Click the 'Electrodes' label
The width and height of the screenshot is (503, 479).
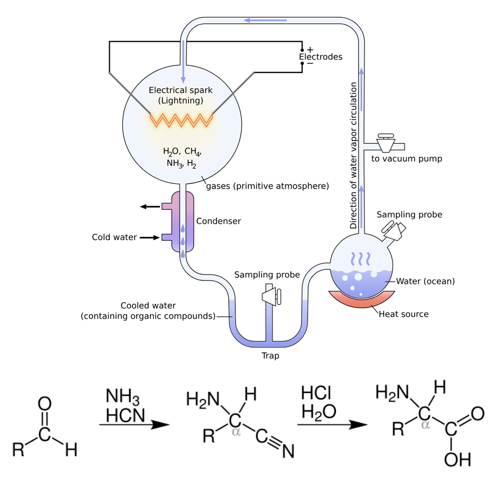(x=321, y=57)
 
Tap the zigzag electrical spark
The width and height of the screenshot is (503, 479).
(x=181, y=121)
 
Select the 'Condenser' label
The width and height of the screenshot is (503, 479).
(x=219, y=221)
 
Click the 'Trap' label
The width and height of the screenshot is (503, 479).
(x=270, y=356)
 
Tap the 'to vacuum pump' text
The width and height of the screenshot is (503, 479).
(x=407, y=159)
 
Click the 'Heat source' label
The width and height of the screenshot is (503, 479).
(x=403, y=314)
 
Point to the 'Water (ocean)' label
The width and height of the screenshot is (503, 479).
(x=426, y=281)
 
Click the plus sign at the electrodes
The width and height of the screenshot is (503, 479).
(x=310, y=50)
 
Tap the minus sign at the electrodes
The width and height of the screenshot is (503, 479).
(x=310, y=63)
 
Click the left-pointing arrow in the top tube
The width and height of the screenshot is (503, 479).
(x=264, y=21)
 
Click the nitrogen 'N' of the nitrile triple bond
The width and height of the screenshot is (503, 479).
(x=287, y=451)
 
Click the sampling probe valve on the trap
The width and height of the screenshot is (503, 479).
(x=270, y=295)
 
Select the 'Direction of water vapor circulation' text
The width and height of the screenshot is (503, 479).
(x=354, y=156)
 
